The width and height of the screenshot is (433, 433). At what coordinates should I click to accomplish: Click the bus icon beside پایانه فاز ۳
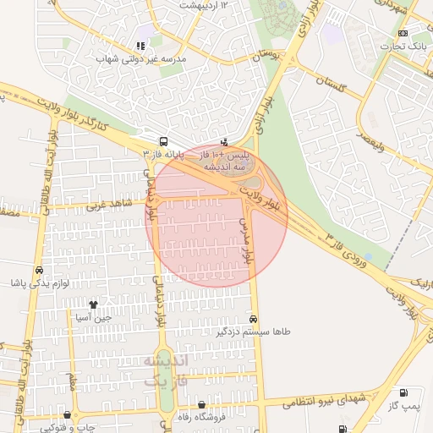(163, 142)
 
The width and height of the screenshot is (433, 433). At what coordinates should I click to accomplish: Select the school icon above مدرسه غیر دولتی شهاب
(140, 46)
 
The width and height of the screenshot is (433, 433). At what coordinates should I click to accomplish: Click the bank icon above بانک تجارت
(402, 33)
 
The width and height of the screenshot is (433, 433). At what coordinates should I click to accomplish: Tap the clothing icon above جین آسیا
(92, 304)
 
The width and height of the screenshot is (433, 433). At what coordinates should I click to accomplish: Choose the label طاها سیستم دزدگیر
(254, 332)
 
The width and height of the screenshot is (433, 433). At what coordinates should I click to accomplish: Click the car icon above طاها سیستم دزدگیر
(254, 319)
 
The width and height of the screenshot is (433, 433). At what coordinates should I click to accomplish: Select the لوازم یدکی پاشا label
(42, 283)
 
